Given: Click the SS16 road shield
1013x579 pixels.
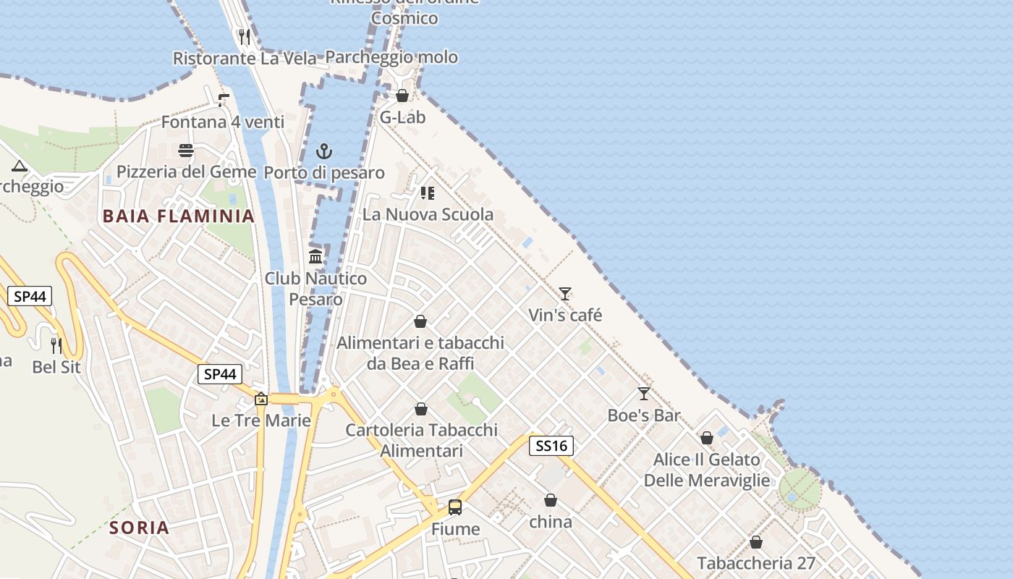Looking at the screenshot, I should click(x=551, y=446).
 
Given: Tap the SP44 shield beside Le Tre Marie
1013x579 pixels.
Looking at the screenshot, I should click(x=220, y=374).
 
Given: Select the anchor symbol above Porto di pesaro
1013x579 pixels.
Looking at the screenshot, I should click(x=324, y=151).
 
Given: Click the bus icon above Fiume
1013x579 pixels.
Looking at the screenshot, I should click(x=455, y=507).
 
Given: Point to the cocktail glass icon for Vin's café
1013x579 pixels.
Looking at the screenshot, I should click(x=565, y=294).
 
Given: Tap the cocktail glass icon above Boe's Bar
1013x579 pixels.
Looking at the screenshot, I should click(x=644, y=394).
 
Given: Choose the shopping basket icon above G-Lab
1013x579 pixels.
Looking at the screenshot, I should click(x=402, y=96).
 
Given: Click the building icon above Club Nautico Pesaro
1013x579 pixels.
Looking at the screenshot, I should click(x=315, y=257).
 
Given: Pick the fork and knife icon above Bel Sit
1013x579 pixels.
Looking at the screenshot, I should click(x=56, y=345).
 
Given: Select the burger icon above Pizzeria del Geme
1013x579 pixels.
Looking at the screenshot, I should click(x=186, y=151).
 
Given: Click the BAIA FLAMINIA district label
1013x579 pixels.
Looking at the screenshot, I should click(x=179, y=216).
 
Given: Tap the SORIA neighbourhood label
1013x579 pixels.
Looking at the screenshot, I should click(x=140, y=528).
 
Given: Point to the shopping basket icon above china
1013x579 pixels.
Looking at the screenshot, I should click(x=551, y=500).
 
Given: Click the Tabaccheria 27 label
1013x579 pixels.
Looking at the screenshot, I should click(x=756, y=563).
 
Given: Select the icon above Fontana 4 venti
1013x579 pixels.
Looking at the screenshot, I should click(x=223, y=101).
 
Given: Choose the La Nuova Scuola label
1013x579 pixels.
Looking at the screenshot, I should click(x=428, y=214).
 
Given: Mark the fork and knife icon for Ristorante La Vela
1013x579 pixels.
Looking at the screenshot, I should click(x=245, y=37).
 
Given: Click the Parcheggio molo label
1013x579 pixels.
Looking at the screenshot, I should click(x=391, y=57).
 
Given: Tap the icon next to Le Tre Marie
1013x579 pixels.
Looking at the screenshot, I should click(x=261, y=399).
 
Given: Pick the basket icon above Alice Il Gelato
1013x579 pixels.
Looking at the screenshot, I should click(x=707, y=438).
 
